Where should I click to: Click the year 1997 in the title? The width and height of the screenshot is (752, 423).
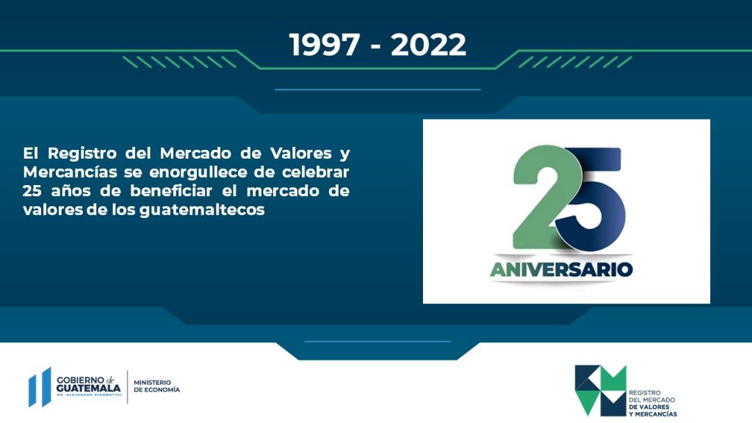(x=324, y=45)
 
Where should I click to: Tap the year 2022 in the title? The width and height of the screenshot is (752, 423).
(x=428, y=45)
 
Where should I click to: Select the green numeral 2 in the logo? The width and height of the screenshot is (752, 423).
(x=542, y=197)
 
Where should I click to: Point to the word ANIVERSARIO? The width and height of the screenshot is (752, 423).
(x=561, y=270)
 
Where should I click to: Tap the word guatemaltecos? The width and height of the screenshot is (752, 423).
(x=202, y=210)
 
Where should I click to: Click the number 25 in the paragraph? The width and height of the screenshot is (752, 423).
(x=32, y=191)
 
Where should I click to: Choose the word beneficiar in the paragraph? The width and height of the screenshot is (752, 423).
(x=171, y=191)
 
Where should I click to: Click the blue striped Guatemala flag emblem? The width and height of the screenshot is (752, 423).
(x=40, y=387)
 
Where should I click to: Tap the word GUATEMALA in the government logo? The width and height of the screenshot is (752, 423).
(x=89, y=388)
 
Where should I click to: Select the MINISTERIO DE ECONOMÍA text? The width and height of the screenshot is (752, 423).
(x=157, y=386)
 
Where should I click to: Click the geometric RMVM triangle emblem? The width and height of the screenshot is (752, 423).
(x=601, y=391)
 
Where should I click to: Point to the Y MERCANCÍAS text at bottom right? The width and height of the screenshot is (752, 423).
(x=653, y=414)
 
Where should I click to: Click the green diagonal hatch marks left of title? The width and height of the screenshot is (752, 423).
(x=179, y=62)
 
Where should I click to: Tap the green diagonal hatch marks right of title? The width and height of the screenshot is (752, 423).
(x=575, y=62)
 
